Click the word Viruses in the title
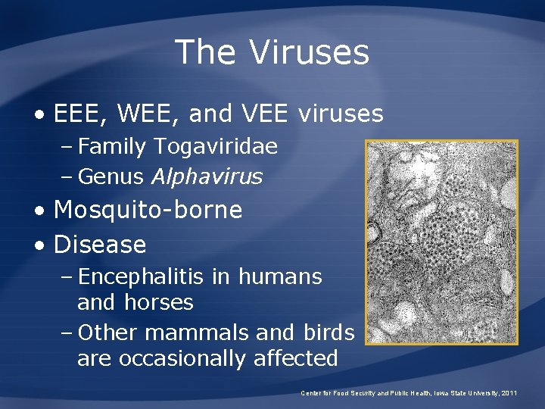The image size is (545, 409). click(310, 53)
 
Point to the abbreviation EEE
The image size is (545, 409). click(79, 114)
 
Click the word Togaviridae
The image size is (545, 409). click(215, 146)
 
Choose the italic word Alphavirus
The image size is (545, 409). click(207, 176)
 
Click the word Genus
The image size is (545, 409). click(111, 176)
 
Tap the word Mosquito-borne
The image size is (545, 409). click(148, 210)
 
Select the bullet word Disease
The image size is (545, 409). click(100, 245)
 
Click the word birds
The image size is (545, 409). click(329, 333)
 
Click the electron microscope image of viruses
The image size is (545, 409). click(441, 242)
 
